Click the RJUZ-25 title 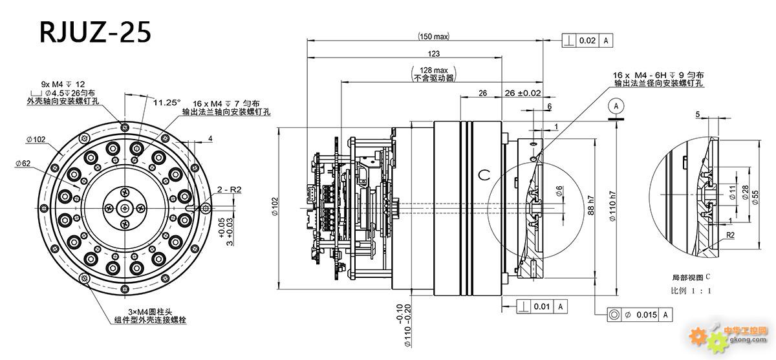(x=96, y=30)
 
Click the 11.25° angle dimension (x=167, y=102)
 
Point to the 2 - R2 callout (x=229, y=189)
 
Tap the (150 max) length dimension (x=433, y=36)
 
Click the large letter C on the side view (x=484, y=175)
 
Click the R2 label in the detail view (x=728, y=237)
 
